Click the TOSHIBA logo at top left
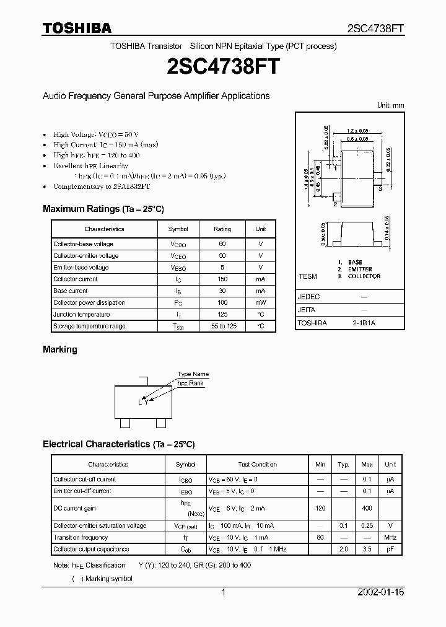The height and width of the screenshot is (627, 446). [x=77, y=27]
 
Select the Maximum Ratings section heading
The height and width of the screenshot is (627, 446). [x=103, y=209]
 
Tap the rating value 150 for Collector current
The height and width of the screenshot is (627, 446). [x=222, y=279]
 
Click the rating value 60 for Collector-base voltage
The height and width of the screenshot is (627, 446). [x=222, y=244]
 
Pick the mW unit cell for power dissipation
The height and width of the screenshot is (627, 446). [x=261, y=302]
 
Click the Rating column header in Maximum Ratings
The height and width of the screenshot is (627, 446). [x=222, y=229]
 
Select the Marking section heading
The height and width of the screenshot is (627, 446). [x=60, y=349]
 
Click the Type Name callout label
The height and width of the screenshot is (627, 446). [x=193, y=374]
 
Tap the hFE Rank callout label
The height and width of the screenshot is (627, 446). [x=191, y=384]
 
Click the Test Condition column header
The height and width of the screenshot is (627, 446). [x=258, y=464]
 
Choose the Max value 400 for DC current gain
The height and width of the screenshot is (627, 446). [x=367, y=507]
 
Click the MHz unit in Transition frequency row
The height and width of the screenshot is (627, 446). [x=390, y=537]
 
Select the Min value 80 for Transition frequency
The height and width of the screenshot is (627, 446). [x=320, y=537]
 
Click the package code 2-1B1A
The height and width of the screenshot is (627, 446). [x=364, y=323]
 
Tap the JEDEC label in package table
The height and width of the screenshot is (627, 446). [x=308, y=297]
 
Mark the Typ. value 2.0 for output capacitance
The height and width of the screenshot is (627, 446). [x=344, y=549]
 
